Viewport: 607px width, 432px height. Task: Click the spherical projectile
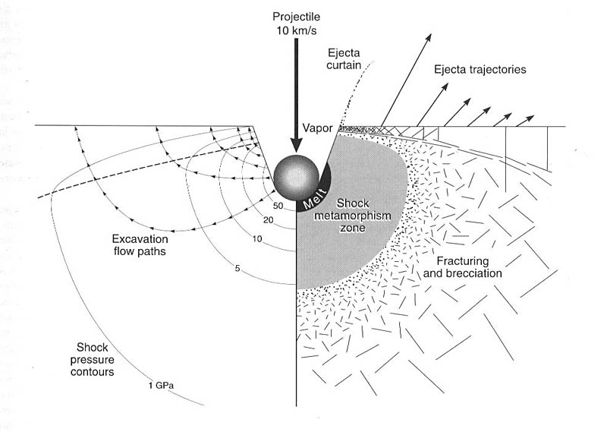pos(296,178)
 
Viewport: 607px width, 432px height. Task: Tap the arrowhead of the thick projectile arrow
pos(296,146)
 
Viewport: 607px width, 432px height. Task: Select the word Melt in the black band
pos(314,198)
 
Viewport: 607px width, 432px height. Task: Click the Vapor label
pos(317,128)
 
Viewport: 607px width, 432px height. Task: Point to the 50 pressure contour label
pos(278,206)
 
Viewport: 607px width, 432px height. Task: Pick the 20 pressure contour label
pos(269,220)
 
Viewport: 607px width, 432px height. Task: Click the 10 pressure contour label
pos(257,238)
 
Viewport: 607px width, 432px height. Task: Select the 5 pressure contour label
pos(237,268)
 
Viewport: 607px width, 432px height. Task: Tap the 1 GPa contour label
pos(162,386)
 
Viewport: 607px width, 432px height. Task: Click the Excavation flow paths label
pos(140,245)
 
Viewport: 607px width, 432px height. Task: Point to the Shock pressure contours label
pos(92,359)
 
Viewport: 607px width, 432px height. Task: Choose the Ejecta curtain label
pos(344,59)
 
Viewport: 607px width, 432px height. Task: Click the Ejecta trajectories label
pos(480,69)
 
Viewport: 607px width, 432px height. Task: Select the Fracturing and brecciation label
pos(462,267)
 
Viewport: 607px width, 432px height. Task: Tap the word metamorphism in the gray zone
pos(352,216)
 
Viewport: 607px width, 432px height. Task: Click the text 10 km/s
pos(296,30)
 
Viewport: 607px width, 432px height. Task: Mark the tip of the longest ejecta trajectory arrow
pos(430,34)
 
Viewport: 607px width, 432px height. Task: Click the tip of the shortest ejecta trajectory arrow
pos(534,116)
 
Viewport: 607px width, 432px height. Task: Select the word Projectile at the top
pos(296,17)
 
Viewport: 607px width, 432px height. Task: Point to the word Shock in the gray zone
pos(353,203)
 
